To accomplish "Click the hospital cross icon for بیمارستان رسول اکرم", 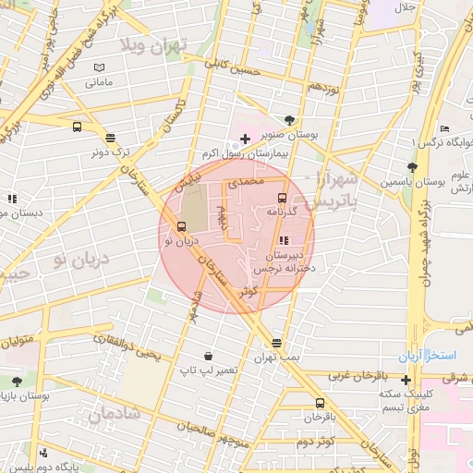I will (x=244, y=139).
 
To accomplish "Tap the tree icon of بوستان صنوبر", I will (x=290, y=120).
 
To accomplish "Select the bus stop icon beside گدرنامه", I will (x=283, y=197).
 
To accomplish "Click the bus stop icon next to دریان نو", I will (x=179, y=226).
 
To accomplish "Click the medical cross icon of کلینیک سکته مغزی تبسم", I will (x=406, y=380).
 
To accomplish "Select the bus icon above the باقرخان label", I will (x=320, y=403).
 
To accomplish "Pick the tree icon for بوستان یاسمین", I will (x=411, y=168).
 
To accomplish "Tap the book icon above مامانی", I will (x=99, y=68).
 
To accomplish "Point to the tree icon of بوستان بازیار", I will (x=17, y=381).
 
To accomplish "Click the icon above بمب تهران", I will (x=277, y=343).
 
